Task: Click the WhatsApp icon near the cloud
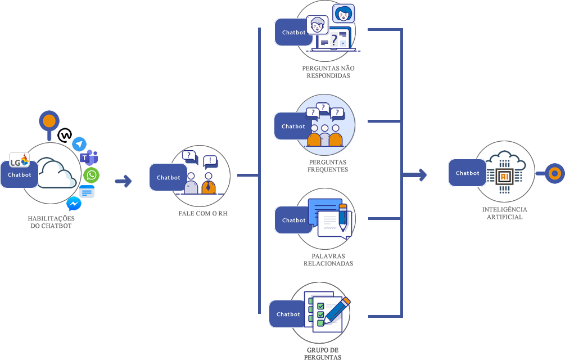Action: point(91,175)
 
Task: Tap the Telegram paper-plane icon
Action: point(79,143)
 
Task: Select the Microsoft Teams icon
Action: point(89,157)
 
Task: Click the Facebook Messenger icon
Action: point(74,204)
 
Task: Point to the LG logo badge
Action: point(19,161)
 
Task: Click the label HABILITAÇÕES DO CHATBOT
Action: point(51,221)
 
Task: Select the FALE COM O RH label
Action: point(203,214)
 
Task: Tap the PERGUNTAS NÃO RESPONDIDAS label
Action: point(328,72)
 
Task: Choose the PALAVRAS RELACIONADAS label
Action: point(328,259)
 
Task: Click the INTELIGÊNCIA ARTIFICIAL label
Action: point(505,213)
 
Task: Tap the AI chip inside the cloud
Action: point(504,174)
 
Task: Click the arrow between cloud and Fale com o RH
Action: point(123,181)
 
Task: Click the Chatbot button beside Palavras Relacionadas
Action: point(293,220)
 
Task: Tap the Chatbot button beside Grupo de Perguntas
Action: point(288,314)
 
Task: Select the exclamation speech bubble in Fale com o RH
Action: point(210,161)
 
